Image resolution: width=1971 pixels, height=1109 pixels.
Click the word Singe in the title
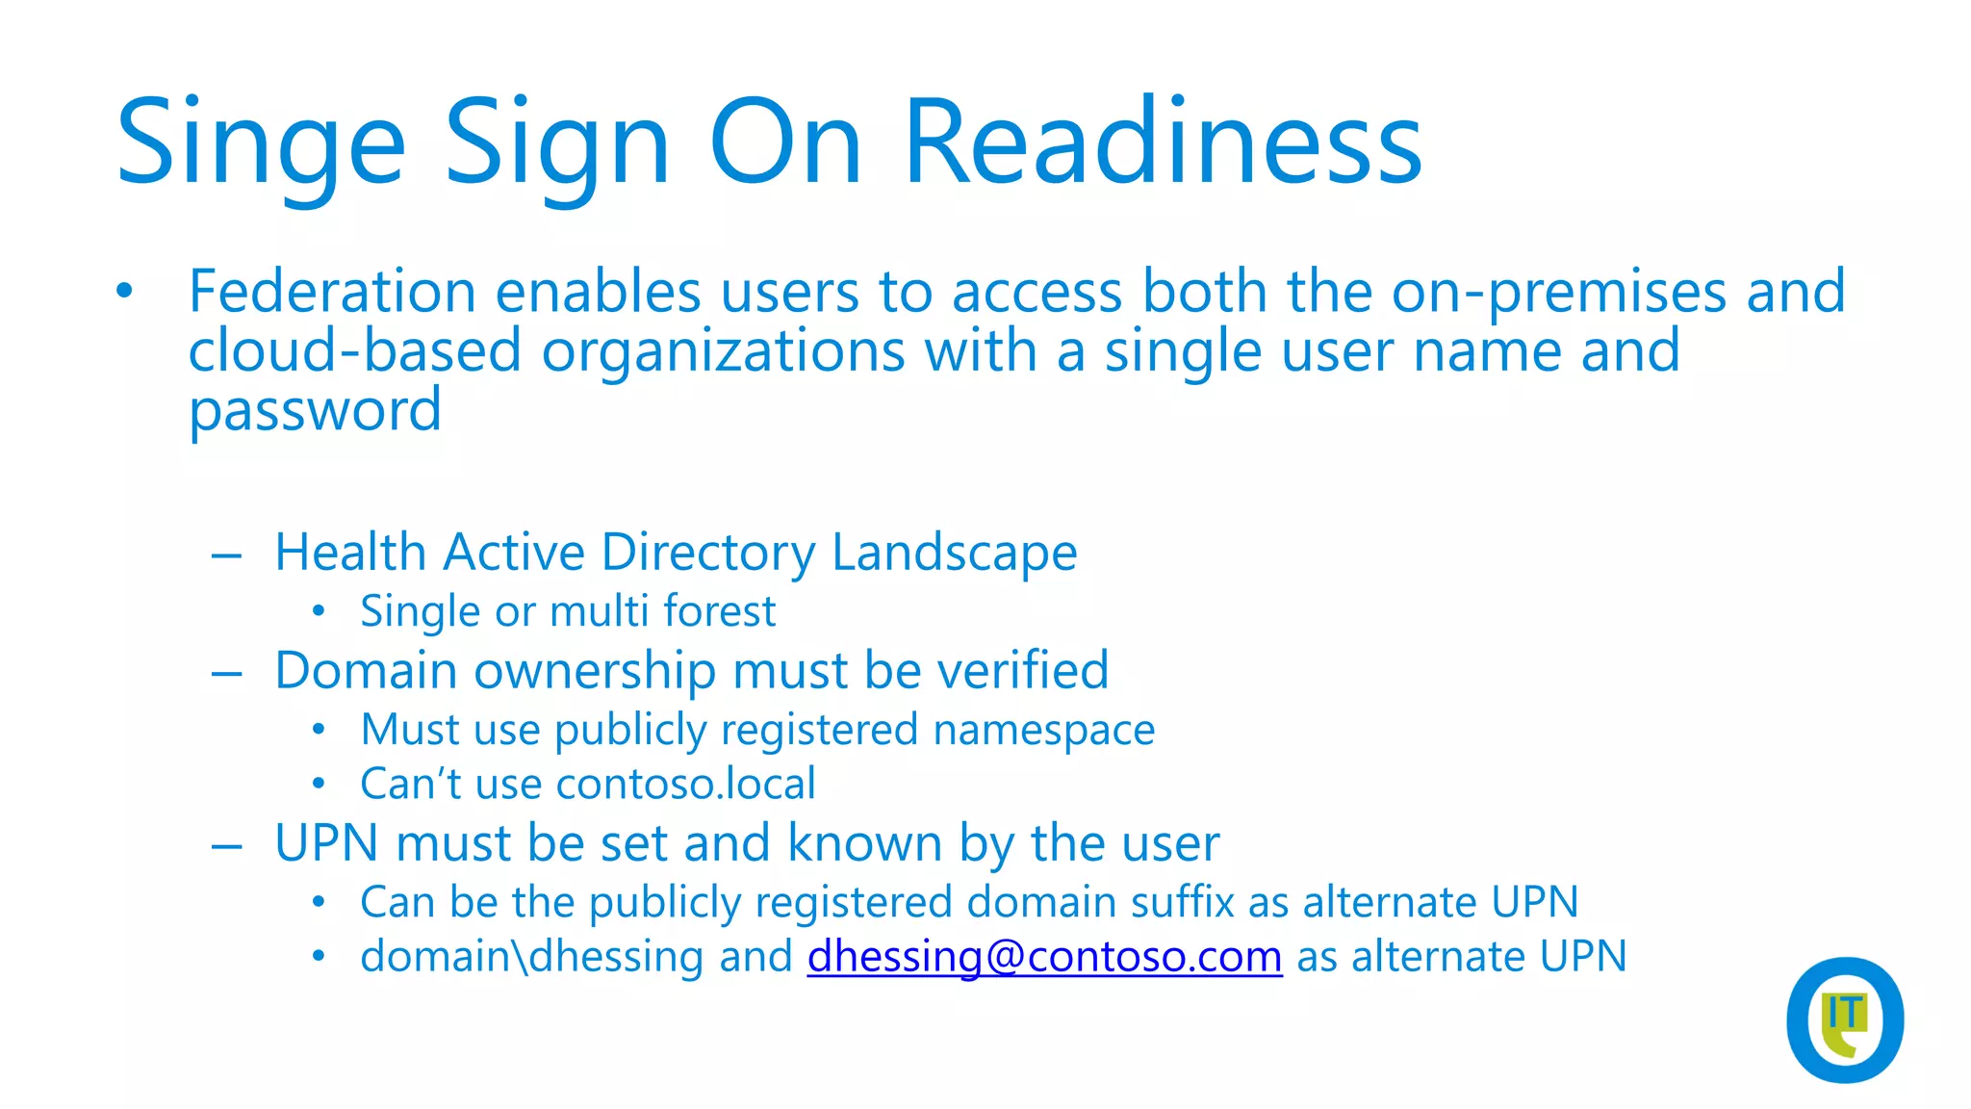click(x=260, y=144)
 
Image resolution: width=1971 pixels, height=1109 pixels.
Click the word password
click(x=315, y=412)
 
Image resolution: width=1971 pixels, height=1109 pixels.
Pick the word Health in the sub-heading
click(x=350, y=553)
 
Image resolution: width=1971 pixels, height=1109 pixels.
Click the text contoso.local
click(x=685, y=784)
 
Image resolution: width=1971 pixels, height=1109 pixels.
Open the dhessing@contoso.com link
click(x=1044, y=957)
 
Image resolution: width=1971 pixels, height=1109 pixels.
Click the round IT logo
click(x=1844, y=1019)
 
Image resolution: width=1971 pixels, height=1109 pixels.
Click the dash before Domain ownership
click(x=226, y=672)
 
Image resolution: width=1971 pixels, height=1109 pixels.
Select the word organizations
click(x=723, y=352)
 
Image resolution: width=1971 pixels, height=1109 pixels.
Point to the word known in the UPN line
click(x=864, y=843)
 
